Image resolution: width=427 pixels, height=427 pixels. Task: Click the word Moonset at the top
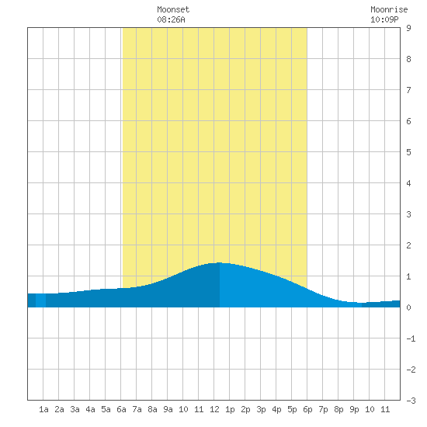tap(173, 9)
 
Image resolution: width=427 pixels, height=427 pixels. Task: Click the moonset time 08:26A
tap(171, 19)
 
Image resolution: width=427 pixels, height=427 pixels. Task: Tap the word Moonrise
tap(389, 9)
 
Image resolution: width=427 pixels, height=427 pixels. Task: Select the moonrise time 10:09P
tap(384, 19)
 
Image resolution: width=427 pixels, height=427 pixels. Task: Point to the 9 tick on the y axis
tap(408, 28)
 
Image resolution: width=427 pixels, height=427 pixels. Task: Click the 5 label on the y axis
tap(408, 152)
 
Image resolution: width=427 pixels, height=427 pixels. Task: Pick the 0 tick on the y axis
tap(408, 307)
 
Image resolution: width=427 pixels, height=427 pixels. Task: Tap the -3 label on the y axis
tap(411, 401)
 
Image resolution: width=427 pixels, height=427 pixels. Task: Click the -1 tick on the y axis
tap(411, 338)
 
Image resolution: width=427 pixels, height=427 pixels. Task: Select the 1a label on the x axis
tap(43, 409)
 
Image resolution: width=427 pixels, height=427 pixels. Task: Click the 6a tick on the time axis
tap(121, 409)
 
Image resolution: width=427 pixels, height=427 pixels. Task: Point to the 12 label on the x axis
tap(214, 409)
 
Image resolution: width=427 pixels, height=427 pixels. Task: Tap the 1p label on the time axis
tap(230, 409)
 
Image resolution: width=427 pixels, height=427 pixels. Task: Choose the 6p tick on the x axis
tap(307, 409)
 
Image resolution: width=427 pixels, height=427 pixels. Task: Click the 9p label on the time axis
tap(354, 409)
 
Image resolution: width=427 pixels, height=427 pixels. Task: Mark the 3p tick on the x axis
tap(261, 409)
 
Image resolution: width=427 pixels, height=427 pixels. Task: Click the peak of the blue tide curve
tap(220, 262)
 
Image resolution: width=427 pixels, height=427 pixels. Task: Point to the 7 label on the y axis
tap(408, 90)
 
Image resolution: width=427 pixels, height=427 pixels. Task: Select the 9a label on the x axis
tap(168, 409)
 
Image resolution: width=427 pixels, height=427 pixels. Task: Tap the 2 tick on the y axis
tap(408, 245)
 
